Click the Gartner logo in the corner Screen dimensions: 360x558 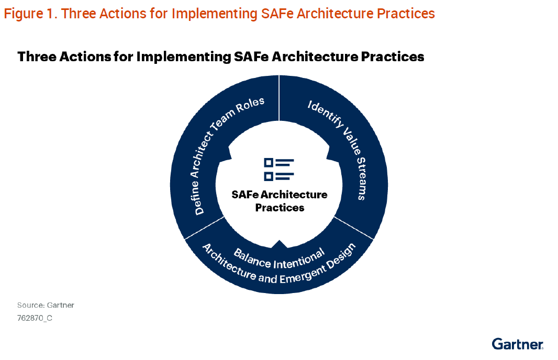pyautogui.click(x=517, y=344)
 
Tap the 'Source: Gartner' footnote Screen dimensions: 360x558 pyautogui.click(x=46, y=305)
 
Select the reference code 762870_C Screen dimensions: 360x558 pyautogui.click(x=35, y=318)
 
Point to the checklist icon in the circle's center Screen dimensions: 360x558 pyautogui.click(x=279, y=169)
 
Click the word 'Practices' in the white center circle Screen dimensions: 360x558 pyautogui.click(x=280, y=208)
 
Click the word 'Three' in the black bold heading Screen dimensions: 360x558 pyautogui.click(x=37, y=57)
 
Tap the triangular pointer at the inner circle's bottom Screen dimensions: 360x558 pyautogui.click(x=279, y=243)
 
